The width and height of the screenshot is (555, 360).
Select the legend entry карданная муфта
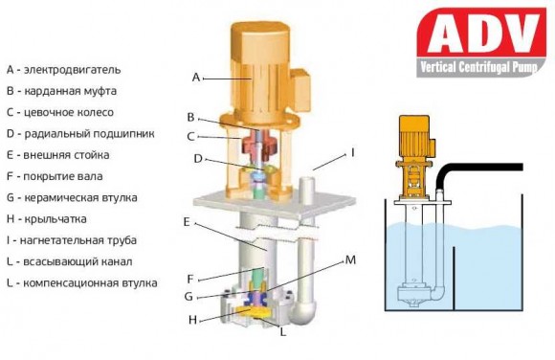(x=61, y=91)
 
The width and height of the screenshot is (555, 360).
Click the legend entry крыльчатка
(x=49, y=218)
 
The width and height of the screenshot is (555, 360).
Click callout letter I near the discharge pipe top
(x=352, y=152)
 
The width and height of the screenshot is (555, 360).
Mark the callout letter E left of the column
(x=189, y=221)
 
